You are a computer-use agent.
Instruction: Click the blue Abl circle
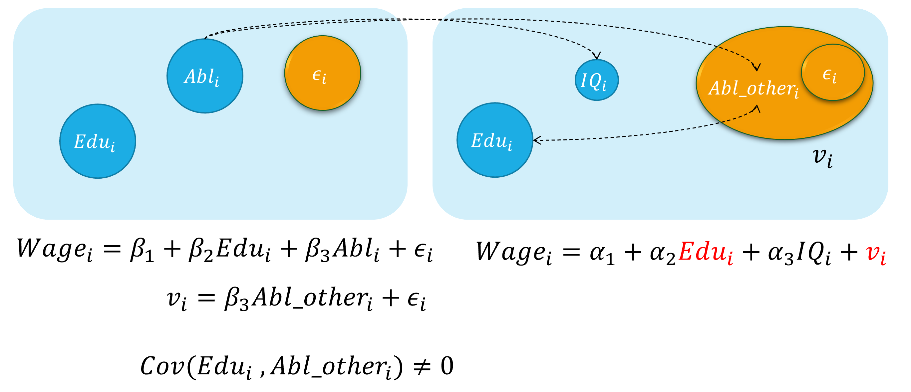[x=205, y=76]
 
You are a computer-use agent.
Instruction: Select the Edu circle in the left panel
[x=98, y=141]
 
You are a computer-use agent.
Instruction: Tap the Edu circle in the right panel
[x=494, y=140]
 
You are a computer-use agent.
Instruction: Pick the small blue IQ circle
[x=596, y=80]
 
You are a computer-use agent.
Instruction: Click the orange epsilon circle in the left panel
[x=322, y=73]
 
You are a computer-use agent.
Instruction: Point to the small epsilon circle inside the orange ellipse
[x=832, y=73]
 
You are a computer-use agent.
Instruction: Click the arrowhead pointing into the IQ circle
[x=597, y=56]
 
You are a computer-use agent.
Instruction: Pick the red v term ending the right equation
[x=876, y=253]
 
